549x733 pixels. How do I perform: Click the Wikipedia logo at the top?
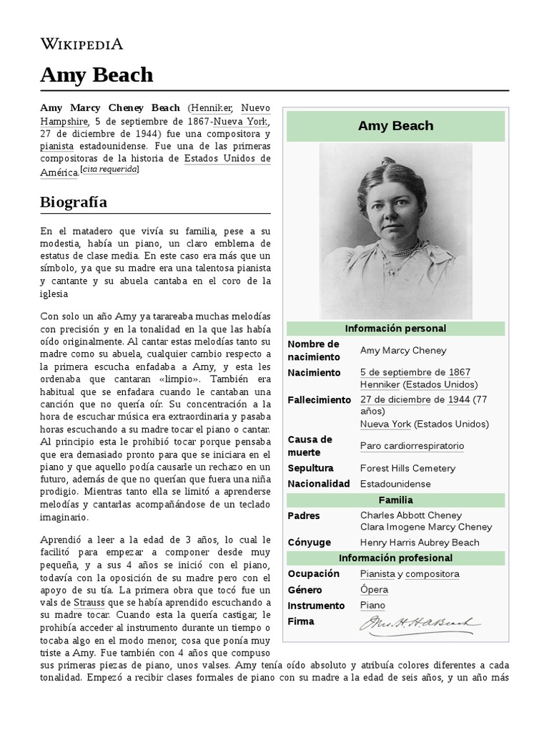pos(81,44)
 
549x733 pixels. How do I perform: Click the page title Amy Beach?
pos(97,74)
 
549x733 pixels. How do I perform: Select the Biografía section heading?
pos(74,202)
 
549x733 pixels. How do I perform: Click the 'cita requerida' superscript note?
pos(109,169)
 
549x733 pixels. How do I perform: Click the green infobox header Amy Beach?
pos(395,126)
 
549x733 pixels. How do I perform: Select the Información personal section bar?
pos(395,329)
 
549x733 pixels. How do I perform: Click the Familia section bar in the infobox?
pos(395,500)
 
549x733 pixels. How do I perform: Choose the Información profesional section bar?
pos(395,558)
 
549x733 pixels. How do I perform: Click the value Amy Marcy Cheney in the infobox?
pos(403,350)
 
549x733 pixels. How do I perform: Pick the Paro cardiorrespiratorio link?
pos(412,446)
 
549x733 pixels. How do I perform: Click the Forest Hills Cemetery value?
pos(407,468)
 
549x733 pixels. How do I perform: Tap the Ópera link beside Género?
pos(375,590)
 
